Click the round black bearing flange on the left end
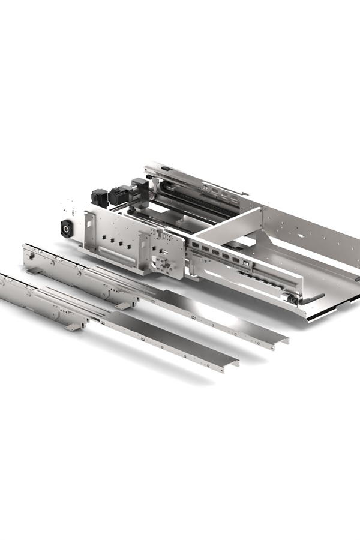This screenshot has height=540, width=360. [x=65, y=227]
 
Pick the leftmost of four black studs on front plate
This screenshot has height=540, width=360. [x=104, y=238]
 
